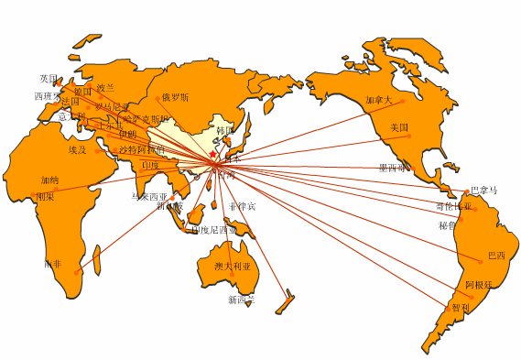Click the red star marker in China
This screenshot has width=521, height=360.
[x=212, y=155]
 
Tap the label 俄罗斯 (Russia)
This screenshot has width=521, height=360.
[x=175, y=97]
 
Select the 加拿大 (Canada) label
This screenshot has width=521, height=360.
[x=378, y=100]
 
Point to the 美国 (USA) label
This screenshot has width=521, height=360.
[x=398, y=127]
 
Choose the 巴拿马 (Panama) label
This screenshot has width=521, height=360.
[x=483, y=191]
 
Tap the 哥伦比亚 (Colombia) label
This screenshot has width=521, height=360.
[x=454, y=207]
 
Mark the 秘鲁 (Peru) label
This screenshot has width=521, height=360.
[x=447, y=224]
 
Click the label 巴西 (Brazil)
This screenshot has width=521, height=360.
[x=496, y=256]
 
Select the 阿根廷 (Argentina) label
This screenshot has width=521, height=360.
[x=479, y=286]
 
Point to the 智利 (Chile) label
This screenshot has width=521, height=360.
[x=460, y=308]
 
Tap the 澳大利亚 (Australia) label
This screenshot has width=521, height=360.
[x=232, y=267]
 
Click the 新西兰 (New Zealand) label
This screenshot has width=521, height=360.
[x=242, y=300]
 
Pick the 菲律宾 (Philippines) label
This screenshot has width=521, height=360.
[x=243, y=206]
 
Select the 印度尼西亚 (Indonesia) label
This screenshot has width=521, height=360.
[x=214, y=230]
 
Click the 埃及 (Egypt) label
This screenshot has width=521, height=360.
[x=77, y=149]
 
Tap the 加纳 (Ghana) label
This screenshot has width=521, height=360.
[x=49, y=180]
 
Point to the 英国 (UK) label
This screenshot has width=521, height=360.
[x=49, y=79]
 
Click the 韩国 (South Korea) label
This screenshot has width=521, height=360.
[x=225, y=131]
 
